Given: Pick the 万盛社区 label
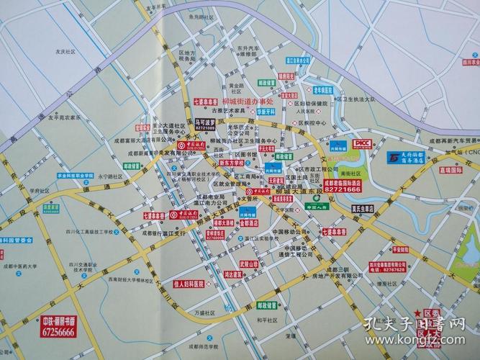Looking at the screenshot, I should coord(205,313).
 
